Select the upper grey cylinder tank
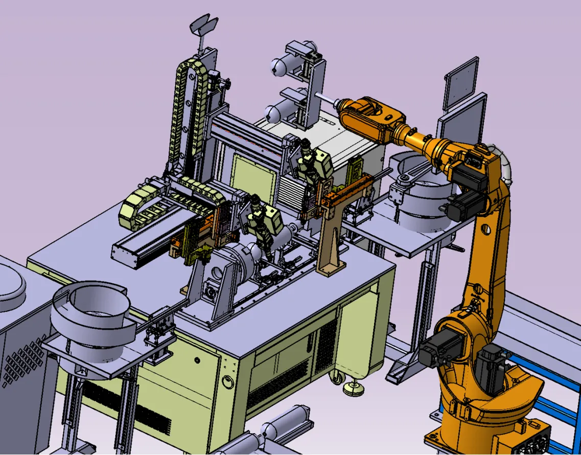280,65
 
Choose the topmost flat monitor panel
461,82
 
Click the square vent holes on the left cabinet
23,363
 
